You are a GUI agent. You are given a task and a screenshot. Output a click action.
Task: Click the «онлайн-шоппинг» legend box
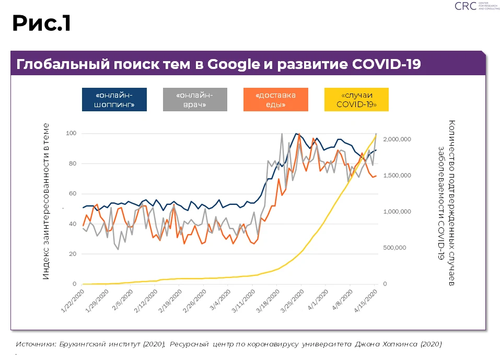coord(114,99)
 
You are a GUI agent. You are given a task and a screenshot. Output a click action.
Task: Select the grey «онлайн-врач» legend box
coord(195,99)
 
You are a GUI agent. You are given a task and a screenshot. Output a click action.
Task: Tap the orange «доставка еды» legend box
coord(275,99)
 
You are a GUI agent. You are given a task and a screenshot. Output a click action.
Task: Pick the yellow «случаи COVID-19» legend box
coord(357,99)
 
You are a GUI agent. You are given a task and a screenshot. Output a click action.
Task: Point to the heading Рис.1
coord(42,23)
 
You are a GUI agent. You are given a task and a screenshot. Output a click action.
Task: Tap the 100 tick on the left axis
coord(71,134)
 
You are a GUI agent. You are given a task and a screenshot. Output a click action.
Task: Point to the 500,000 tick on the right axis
coord(394,248)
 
